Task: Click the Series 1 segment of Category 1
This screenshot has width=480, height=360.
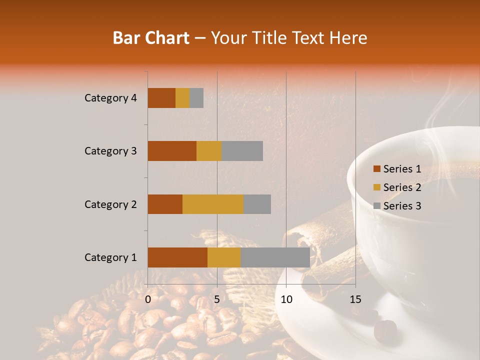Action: [177, 257]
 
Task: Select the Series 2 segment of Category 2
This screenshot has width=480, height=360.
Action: [213, 204]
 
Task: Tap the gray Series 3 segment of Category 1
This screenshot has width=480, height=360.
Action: [275, 257]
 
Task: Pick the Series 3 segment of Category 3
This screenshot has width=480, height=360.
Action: [242, 151]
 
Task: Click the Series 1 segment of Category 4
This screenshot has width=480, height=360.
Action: [161, 98]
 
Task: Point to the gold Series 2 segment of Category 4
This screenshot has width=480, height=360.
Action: [182, 98]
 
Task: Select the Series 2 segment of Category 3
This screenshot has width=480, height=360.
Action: [209, 151]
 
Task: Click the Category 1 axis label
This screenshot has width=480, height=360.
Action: [110, 257]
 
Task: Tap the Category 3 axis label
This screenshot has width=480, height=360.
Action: [110, 151]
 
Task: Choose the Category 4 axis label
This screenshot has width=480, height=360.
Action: [110, 98]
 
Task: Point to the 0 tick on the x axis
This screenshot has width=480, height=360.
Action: [148, 299]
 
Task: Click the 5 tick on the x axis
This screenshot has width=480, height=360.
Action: [217, 299]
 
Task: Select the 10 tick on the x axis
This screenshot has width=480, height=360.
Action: [286, 299]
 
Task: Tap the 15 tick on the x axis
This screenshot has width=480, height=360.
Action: [355, 299]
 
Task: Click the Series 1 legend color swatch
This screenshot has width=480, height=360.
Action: [376, 169]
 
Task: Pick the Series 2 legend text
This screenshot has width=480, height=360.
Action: [402, 187]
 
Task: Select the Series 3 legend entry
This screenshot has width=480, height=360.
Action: [397, 206]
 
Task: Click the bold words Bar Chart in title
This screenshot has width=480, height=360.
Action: [150, 38]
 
